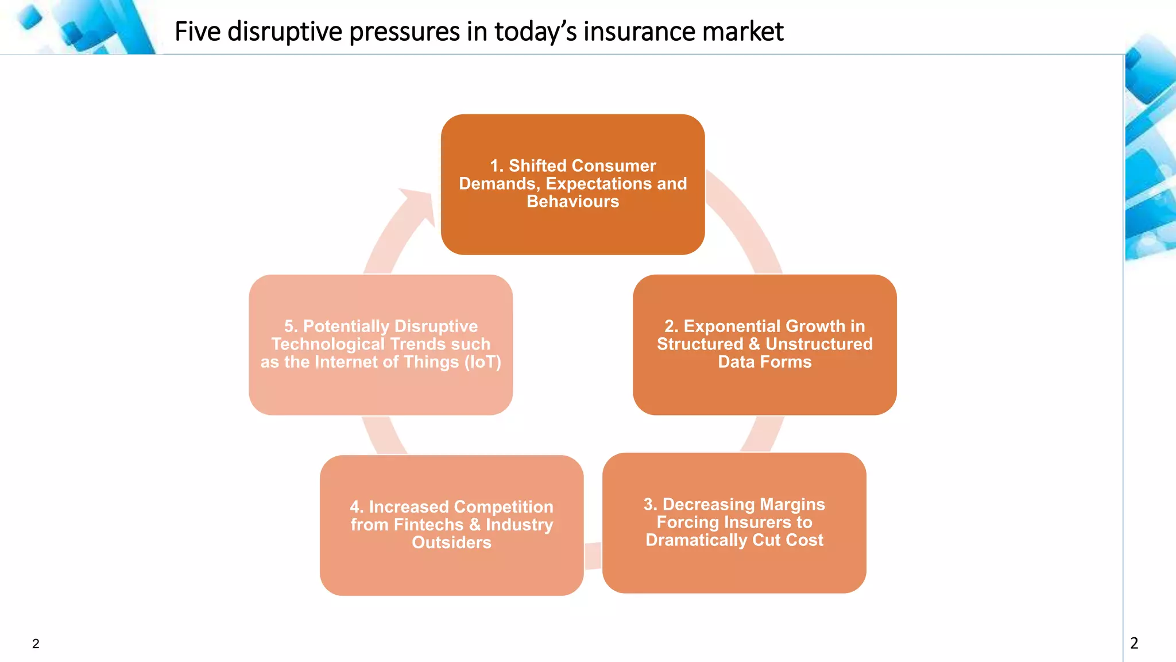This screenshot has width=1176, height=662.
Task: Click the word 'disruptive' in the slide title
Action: [x=285, y=32]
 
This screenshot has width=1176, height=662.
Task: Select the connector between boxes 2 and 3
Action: [x=763, y=434]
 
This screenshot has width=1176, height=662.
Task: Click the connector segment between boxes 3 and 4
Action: [x=593, y=556]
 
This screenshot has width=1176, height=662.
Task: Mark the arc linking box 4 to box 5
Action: [x=384, y=435]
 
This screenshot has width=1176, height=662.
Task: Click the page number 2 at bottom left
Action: [x=36, y=644]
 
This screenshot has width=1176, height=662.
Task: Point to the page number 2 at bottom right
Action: [x=1134, y=643]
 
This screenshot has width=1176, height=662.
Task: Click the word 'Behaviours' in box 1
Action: [x=572, y=202]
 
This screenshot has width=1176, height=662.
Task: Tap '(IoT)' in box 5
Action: [x=482, y=362]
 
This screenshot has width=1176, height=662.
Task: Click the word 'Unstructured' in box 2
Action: [x=819, y=344]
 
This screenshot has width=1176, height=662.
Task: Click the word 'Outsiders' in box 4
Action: [x=451, y=542]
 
